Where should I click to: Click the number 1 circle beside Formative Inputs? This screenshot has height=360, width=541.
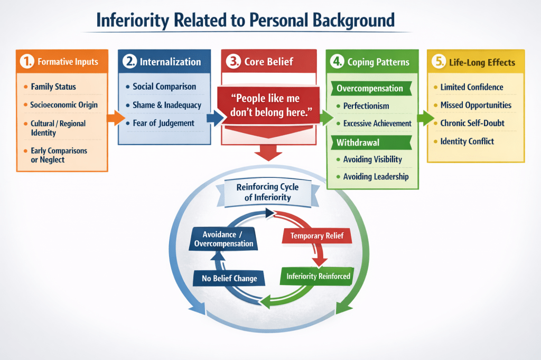pyautogui.click(x=26, y=62)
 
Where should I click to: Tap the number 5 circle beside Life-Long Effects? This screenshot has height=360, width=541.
pyautogui.click(x=438, y=62)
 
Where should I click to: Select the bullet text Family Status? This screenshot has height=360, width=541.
pyautogui.click(x=53, y=87)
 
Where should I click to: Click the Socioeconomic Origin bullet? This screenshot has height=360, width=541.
pyautogui.click(x=64, y=105)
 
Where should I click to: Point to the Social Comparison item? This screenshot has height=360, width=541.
pyautogui.click(x=164, y=87)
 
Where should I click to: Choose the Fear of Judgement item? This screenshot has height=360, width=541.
pyautogui.click(x=163, y=123)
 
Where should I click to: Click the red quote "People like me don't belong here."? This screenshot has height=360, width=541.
pyautogui.click(x=269, y=105)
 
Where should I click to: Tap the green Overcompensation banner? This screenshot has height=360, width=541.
pyautogui.click(x=370, y=88)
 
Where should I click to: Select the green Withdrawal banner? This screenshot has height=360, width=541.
pyautogui.click(x=359, y=143)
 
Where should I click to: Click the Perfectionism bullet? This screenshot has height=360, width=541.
pyautogui.click(x=366, y=106)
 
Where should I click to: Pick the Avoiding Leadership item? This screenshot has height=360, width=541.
pyautogui.click(x=376, y=177)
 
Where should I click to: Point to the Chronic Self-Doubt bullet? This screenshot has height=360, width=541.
pyautogui.click(x=472, y=123)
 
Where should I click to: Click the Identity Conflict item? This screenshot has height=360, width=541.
pyautogui.click(x=467, y=141)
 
